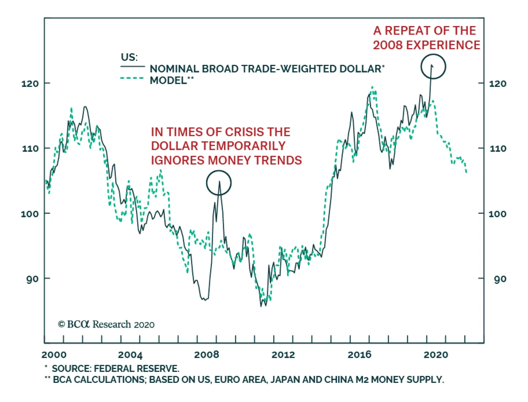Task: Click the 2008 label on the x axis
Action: [x=207, y=355]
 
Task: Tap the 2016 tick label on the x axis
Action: [x=359, y=355]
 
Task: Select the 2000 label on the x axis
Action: [x=54, y=355]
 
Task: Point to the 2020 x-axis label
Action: [x=436, y=355]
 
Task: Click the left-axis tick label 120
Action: [x=30, y=84]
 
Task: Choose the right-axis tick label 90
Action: [x=500, y=279]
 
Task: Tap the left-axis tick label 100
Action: [x=30, y=214]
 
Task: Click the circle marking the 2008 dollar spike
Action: [x=218, y=183]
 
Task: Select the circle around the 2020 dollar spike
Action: [x=433, y=66]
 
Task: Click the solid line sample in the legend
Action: [x=133, y=67]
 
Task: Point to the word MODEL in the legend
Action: [x=168, y=80]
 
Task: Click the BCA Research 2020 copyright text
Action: [x=106, y=324]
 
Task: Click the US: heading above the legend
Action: [x=129, y=57]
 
